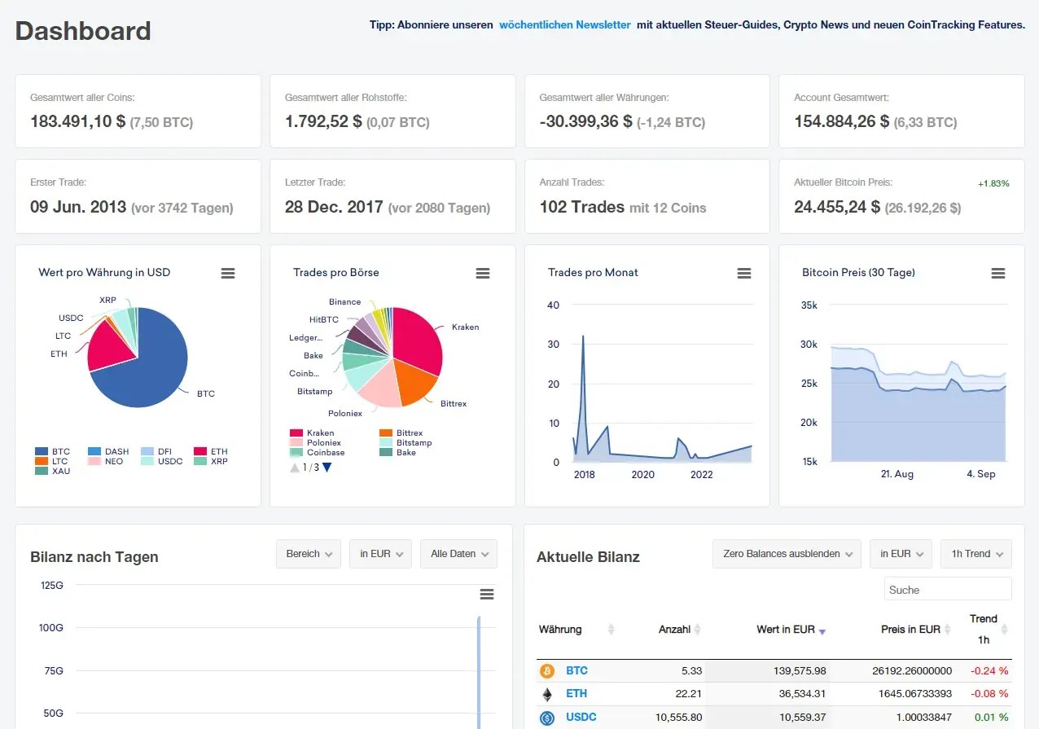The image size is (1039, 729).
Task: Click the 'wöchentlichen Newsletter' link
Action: pyautogui.click(x=564, y=24)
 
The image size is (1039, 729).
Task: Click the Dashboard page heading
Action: pyautogui.click(x=83, y=31)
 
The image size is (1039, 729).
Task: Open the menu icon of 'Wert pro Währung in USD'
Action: pyautogui.click(x=228, y=274)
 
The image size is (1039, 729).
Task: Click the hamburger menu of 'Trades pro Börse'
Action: pyautogui.click(x=483, y=274)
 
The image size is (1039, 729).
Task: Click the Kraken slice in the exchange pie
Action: pyautogui.click(x=417, y=346)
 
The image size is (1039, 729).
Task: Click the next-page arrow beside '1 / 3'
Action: pyautogui.click(x=327, y=468)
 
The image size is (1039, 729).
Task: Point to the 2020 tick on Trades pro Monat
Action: pyautogui.click(x=642, y=474)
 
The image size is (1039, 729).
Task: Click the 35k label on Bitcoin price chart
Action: pyautogui.click(x=809, y=305)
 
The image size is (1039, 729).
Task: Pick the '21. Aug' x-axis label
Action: pyautogui.click(x=898, y=474)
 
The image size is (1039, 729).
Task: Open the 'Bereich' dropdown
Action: pyautogui.click(x=309, y=554)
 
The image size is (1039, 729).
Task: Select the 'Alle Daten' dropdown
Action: pyautogui.click(x=458, y=554)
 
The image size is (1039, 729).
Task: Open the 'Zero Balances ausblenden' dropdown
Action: pyautogui.click(x=787, y=554)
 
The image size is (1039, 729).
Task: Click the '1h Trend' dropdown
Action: pyautogui.click(x=975, y=554)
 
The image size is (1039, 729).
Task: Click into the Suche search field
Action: pyautogui.click(x=947, y=590)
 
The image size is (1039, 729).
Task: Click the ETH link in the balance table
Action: pyautogui.click(x=576, y=694)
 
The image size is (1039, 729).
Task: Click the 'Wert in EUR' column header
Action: pyautogui.click(x=786, y=630)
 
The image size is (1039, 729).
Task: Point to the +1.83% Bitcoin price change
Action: pyautogui.click(x=993, y=184)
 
